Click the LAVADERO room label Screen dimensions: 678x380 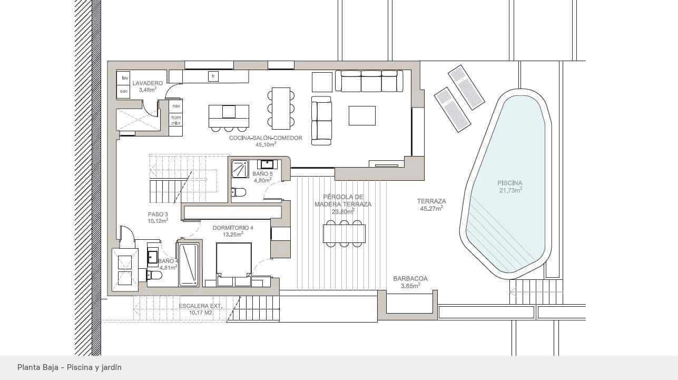(x=148, y=83)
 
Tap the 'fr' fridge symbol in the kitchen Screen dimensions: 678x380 (x=213, y=76)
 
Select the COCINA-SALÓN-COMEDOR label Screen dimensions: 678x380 (x=266, y=138)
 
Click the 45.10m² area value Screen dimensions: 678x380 (x=266, y=144)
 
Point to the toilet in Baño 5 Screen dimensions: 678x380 (x=239, y=192)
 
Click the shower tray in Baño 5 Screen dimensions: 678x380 (x=240, y=169)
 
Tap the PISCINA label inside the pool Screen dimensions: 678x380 (x=510, y=183)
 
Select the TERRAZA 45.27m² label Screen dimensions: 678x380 (x=431, y=204)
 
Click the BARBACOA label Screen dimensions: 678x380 (x=410, y=279)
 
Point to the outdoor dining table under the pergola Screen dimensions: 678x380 (x=344, y=233)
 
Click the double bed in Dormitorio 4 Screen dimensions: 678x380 (x=234, y=264)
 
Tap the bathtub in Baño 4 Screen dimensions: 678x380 (x=189, y=265)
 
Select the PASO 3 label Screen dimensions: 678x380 (x=158, y=215)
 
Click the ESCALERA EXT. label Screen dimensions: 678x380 (x=200, y=306)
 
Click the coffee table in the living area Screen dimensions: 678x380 (x=362, y=115)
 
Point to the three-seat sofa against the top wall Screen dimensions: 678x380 (x=369, y=81)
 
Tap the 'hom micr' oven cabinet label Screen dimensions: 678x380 (x=176, y=120)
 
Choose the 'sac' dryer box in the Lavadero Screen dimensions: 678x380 (x=124, y=91)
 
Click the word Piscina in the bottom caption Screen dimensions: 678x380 (x=80, y=367)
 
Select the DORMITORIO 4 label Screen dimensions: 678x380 (x=233, y=228)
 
